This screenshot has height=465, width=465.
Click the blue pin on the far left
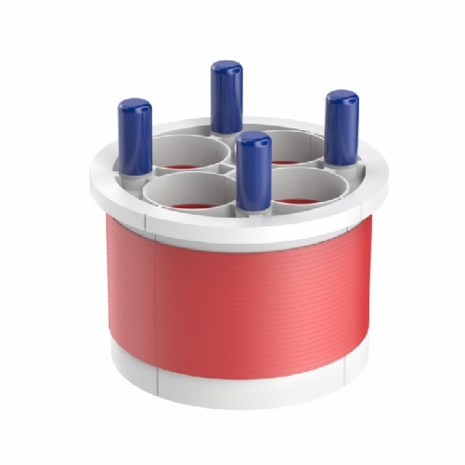[x=136, y=138]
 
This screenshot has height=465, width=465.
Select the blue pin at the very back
[x=226, y=96]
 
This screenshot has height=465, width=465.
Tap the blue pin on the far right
[x=342, y=127]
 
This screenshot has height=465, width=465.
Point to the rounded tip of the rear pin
[x=226, y=68]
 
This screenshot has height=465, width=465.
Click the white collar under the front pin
[x=252, y=211]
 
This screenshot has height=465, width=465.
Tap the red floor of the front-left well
[x=194, y=203]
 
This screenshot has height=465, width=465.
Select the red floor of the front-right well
[x=299, y=199]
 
